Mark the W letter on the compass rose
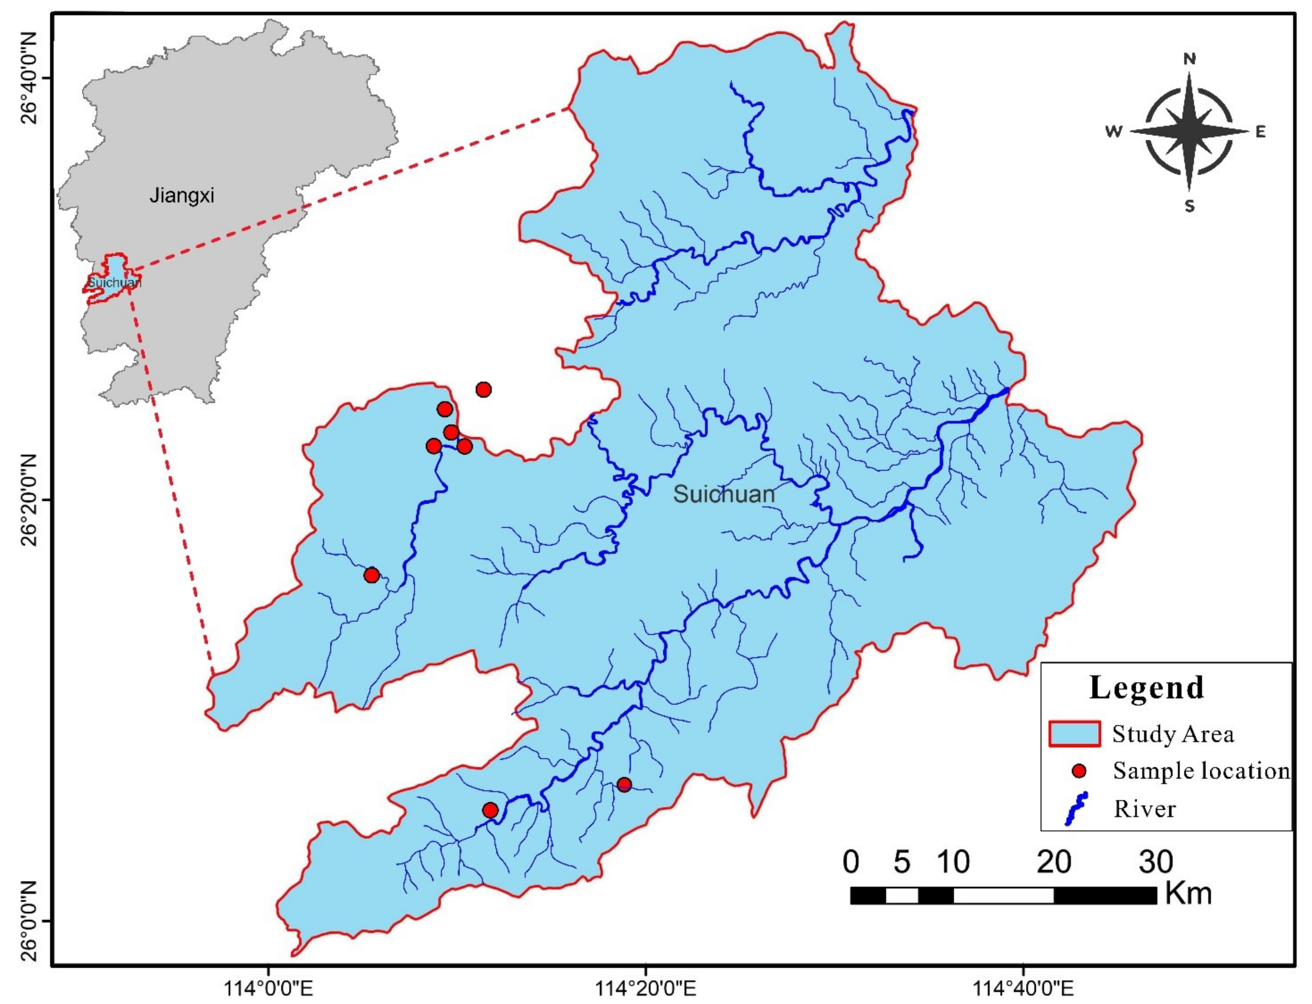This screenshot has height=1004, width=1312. pos(1114,132)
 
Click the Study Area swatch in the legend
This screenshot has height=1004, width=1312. pos(1074,734)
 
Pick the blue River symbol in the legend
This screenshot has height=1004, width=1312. pos(1076,809)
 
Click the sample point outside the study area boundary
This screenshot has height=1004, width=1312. pos(484,390)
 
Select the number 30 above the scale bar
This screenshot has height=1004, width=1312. pos(1156,862)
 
